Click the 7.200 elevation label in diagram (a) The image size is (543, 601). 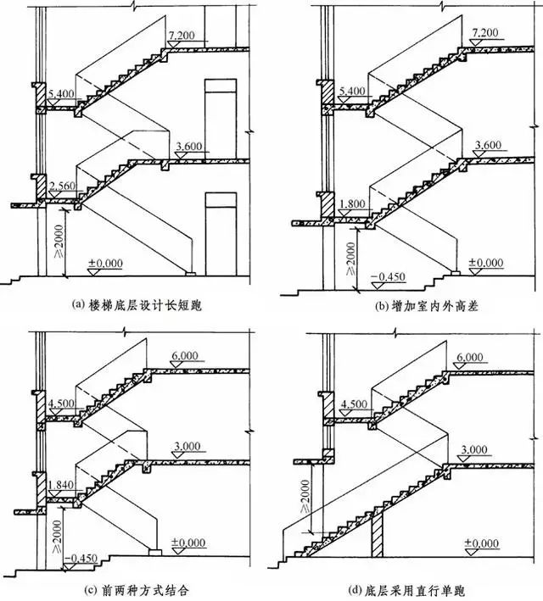pos(181,36)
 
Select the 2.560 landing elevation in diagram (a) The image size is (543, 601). pos(63,186)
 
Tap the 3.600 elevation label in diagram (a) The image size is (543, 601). pos(189,147)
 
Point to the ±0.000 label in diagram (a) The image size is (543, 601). pos(105,264)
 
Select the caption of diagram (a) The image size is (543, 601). pos(137,305)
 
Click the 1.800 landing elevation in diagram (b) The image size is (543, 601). pos(352,203)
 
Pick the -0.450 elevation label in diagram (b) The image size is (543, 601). pos(388,276)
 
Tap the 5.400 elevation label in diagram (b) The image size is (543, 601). pos(352,92)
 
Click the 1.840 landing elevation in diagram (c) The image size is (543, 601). pos(61,485)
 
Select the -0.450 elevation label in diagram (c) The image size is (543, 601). pos(81,558)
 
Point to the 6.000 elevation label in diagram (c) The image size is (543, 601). pos(185,356)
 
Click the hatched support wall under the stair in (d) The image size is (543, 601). pos(377,532)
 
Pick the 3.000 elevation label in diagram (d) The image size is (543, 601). pos(474,449)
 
